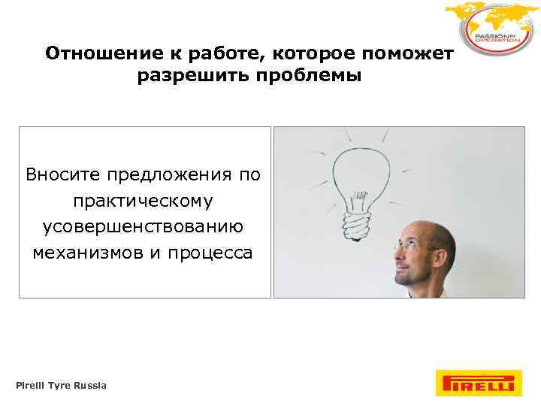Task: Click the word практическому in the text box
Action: (144, 201)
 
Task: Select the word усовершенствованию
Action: (144, 227)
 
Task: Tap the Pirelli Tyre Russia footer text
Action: (62, 386)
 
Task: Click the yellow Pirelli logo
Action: (476, 383)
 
